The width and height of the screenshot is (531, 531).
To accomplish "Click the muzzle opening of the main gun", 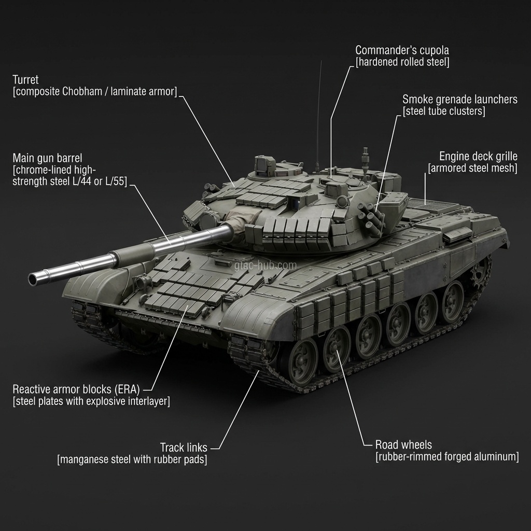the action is [x=33, y=279].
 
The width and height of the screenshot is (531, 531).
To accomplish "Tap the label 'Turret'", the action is [x=25, y=80].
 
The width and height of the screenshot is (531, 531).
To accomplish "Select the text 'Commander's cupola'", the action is [x=402, y=50].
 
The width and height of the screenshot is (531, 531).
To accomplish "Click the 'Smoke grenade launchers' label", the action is [x=460, y=100].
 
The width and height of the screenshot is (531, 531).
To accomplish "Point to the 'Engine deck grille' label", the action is [x=478, y=157].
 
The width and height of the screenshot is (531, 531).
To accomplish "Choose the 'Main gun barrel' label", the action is [x=47, y=158].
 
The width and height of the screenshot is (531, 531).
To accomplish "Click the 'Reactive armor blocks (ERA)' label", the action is [x=76, y=389].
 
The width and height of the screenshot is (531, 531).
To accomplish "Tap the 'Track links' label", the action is [x=184, y=448].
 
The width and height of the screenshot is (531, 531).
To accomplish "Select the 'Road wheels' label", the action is [x=403, y=444].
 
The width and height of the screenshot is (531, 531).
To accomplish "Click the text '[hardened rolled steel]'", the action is [x=402, y=62].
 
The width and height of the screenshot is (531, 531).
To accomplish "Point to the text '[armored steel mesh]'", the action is [x=472, y=169].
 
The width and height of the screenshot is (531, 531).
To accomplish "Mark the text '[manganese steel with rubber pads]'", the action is [x=132, y=459].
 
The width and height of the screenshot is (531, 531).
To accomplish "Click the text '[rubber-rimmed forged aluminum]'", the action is [x=447, y=457].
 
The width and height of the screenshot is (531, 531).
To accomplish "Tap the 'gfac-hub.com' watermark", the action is [x=265, y=265].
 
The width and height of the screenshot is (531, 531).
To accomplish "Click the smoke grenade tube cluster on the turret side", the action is [x=371, y=217].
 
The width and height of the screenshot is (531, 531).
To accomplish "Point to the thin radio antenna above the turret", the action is [x=319, y=115].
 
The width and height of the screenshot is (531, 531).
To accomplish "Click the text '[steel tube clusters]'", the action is [x=444, y=111].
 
